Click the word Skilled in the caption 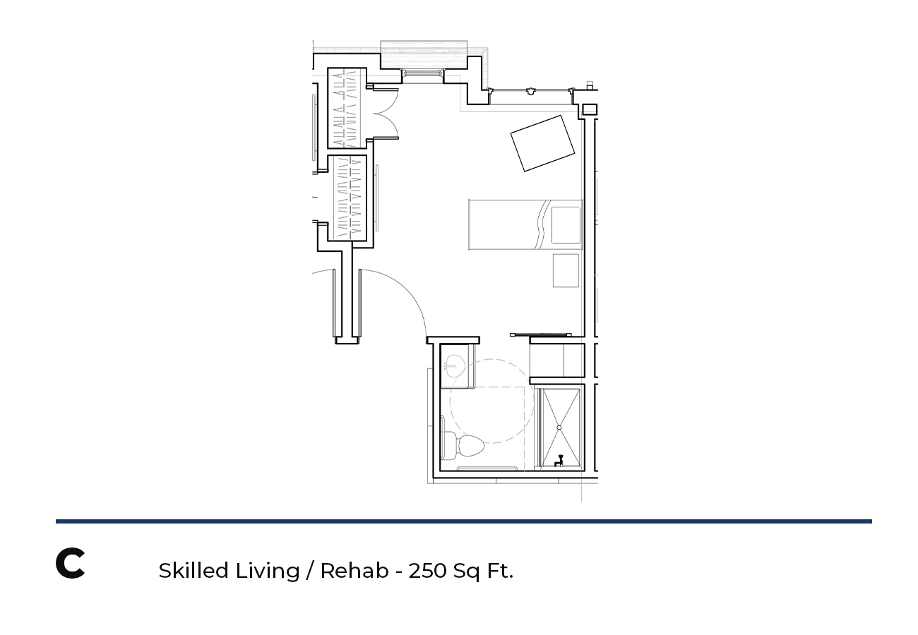[193, 570]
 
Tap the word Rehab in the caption [354, 570]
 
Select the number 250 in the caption [427, 571]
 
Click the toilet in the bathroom [463, 446]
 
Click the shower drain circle [559, 428]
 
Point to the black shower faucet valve [559, 461]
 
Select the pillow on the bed [566, 225]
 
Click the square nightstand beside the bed [566, 271]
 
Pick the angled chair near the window [542, 143]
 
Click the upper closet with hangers [347, 108]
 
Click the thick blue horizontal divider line [463, 521]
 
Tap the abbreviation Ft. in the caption [500, 571]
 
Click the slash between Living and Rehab [310, 571]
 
